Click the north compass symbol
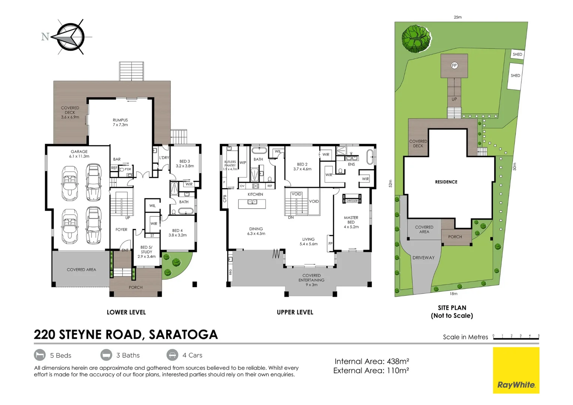pyautogui.click(x=70, y=37)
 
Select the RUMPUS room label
pyautogui.click(x=120, y=122)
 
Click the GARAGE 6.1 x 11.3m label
pyautogui.click(x=79, y=154)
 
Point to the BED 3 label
pyautogui.click(x=184, y=163)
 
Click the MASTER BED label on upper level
pyautogui.click(x=351, y=222)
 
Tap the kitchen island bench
pyautogui.click(x=252, y=204)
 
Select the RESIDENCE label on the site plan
pyautogui.click(x=446, y=182)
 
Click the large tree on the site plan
pyautogui.click(x=415, y=39)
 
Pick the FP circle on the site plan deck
pyautogui.click(x=454, y=66)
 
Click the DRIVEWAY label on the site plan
pyautogui.click(x=423, y=258)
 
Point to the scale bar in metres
pyautogui.click(x=516, y=337)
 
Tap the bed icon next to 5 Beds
pyautogui.click(x=40, y=355)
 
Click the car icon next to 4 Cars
pyautogui.click(x=172, y=355)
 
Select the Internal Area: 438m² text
pyautogui.click(x=371, y=361)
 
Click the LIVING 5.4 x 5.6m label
pyautogui.click(x=308, y=241)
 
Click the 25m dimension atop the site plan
pyautogui.click(x=457, y=17)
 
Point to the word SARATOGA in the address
pyautogui.click(x=183, y=334)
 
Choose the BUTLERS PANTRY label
pyautogui.click(x=230, y=165)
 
